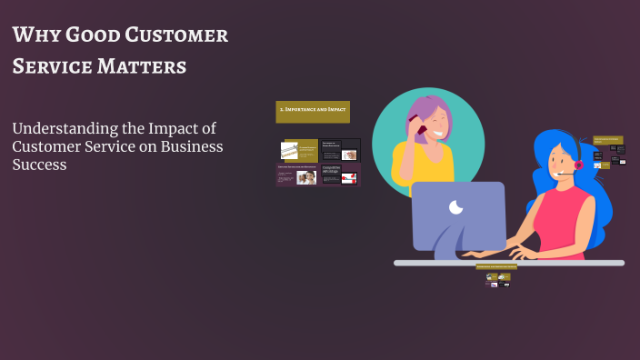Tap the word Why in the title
tap(34, 36)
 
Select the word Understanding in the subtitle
tap(65, 129)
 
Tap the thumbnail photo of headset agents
tap(306, 177)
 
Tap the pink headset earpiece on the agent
tap(578, 165)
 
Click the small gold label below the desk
tap(495, 266)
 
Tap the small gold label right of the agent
tap(608, 141)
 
